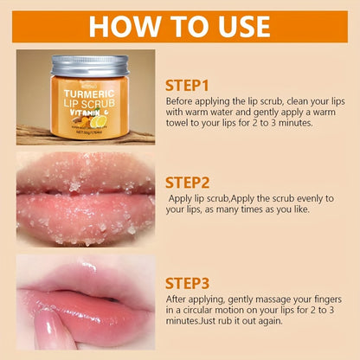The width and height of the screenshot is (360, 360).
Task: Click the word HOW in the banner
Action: coord(125,25)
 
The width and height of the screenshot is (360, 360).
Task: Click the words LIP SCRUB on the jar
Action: coord(87,102)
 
